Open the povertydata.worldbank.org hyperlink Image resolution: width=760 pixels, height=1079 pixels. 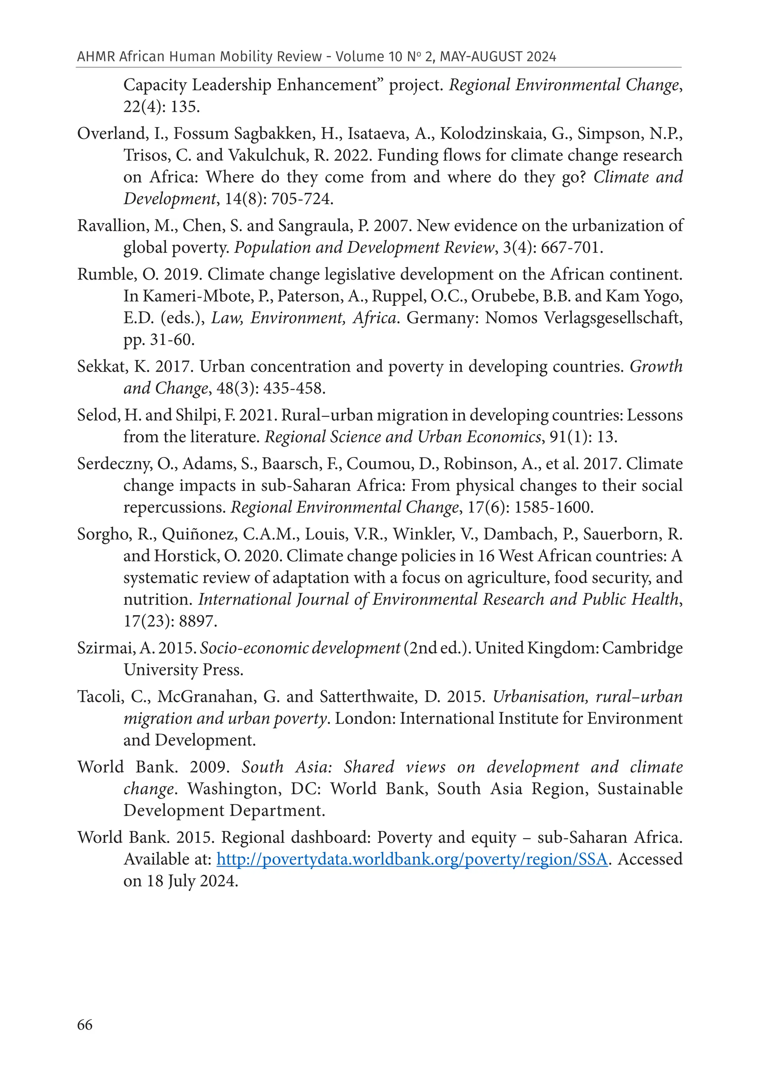click(412, 860)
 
